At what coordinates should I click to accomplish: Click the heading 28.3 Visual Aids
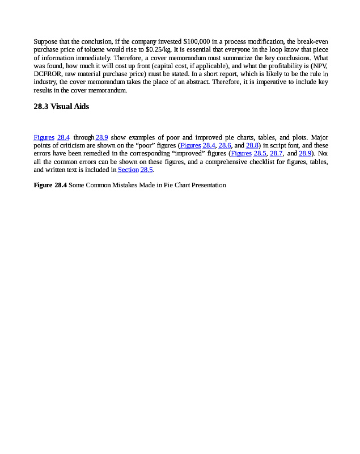tap(61, 106)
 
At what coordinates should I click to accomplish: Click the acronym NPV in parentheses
tap(314, 66)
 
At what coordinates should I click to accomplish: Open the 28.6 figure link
tap(225, 145)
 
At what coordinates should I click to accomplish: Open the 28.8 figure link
tap(252, 145)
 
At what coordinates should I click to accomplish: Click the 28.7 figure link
tap(276, 153)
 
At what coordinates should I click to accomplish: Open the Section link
tap(128, 169)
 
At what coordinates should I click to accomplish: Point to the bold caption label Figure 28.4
tap(50, 185)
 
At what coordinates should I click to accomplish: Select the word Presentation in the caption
tap(208, 185)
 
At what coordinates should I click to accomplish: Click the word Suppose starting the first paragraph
tap(45, 42)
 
